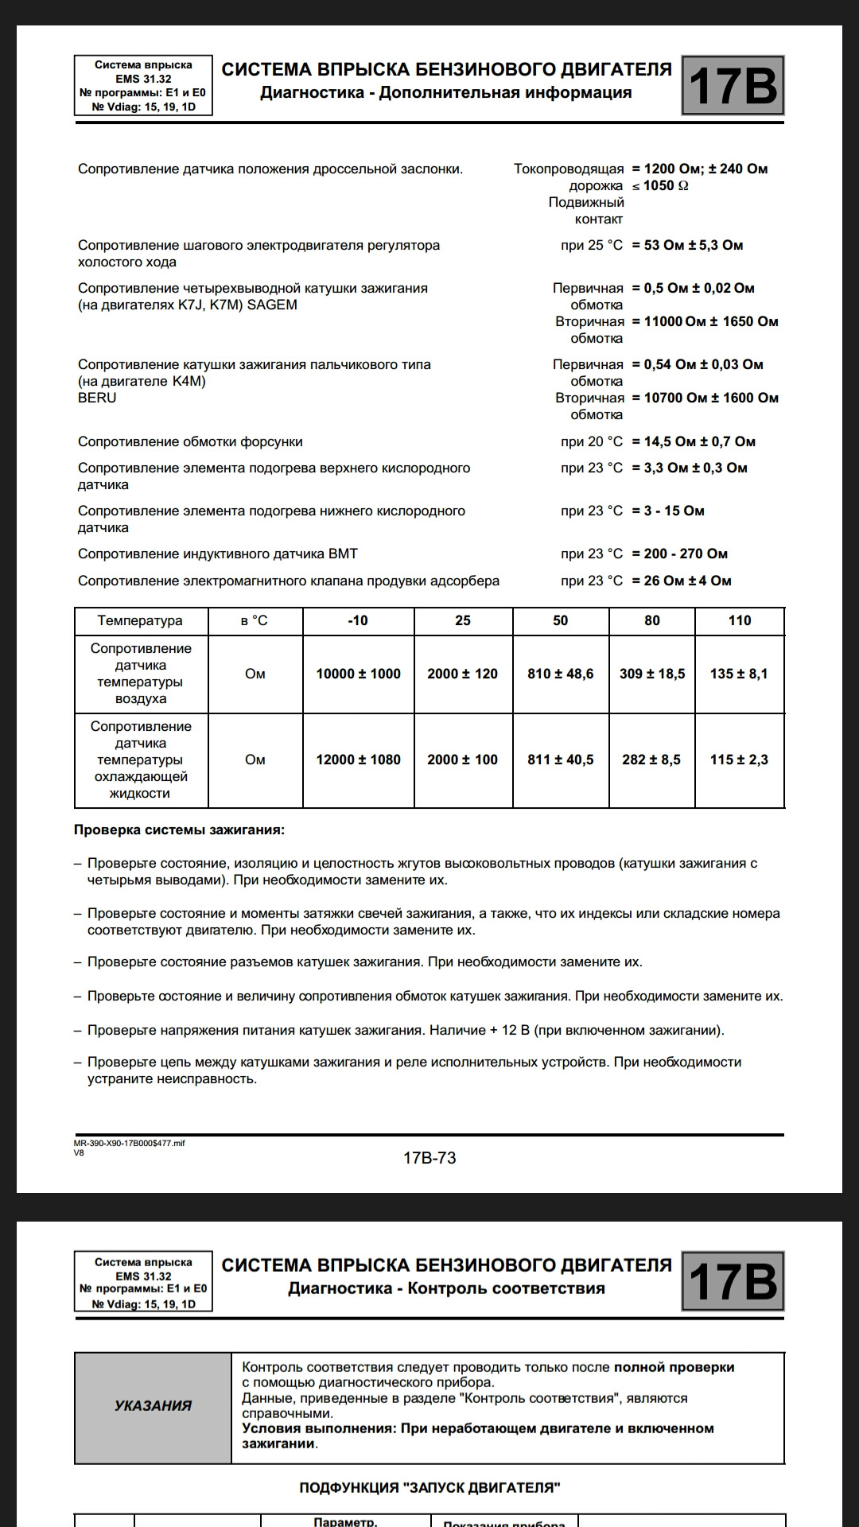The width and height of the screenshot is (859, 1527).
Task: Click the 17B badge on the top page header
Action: coord(733,86)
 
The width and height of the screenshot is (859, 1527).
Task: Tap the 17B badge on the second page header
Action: coord(733,1281)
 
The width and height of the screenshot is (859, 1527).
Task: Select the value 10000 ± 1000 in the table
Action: coord(358,674)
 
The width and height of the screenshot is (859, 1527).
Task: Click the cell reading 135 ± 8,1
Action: coord(739,674)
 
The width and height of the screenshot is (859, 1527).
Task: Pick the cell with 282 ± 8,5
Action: coord(651,760)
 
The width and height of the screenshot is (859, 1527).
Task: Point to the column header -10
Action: coord(358,620)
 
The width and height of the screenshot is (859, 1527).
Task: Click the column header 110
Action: coord(739,620)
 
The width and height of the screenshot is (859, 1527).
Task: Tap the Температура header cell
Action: coord(140,620)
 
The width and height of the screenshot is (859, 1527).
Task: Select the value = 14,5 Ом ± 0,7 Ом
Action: coord(694,441)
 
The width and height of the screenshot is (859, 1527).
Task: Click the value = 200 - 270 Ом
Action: coord(680,554)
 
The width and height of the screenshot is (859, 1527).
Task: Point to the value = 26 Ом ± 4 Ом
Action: coord(682,581)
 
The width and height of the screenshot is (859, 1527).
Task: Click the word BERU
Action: coord(97,398)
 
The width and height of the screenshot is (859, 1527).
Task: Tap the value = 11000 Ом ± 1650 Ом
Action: coord(705,321)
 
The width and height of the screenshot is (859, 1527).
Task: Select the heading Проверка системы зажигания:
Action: coord(179,830)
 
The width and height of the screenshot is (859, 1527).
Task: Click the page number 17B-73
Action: coord(429,1158)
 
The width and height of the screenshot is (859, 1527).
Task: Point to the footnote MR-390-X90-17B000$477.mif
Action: coord(129,1143)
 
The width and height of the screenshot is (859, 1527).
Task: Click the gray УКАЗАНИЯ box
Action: coord(153,1405)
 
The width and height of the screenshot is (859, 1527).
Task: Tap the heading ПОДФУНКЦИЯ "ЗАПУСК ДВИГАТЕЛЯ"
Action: coord(429,1487)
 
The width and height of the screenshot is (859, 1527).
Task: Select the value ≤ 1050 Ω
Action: coord(660,185)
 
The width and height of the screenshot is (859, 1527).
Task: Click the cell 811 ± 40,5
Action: coord(560,760)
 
